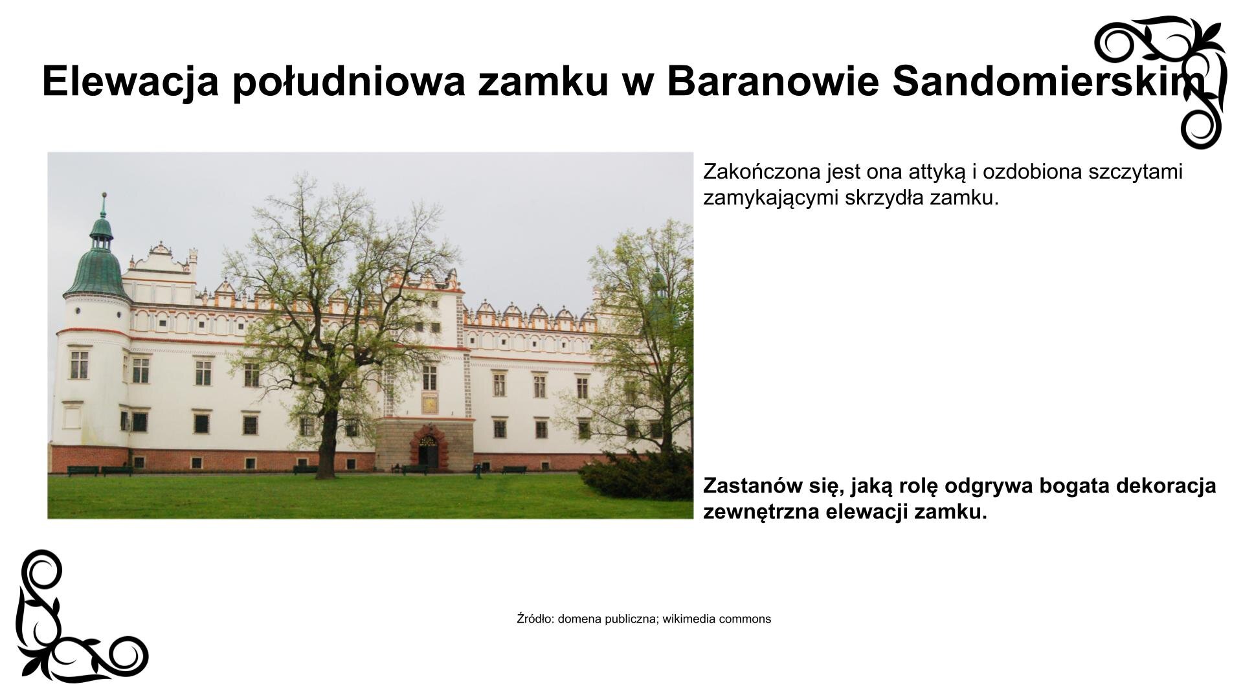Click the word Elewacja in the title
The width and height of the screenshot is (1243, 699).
pyautogui.click(x=129, y=81)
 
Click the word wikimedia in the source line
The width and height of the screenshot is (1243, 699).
pyautogui.click(x=689, y=619)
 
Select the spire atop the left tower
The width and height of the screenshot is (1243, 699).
pyautogui.click(x=102, y=206)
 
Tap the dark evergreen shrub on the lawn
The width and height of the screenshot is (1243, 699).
pyautogui.click(x=638, y=476)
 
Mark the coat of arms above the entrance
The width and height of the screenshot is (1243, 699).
pyautogui.click(x=429, y=403)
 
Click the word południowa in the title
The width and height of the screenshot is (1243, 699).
pyautogui.click(x=349, y=81)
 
